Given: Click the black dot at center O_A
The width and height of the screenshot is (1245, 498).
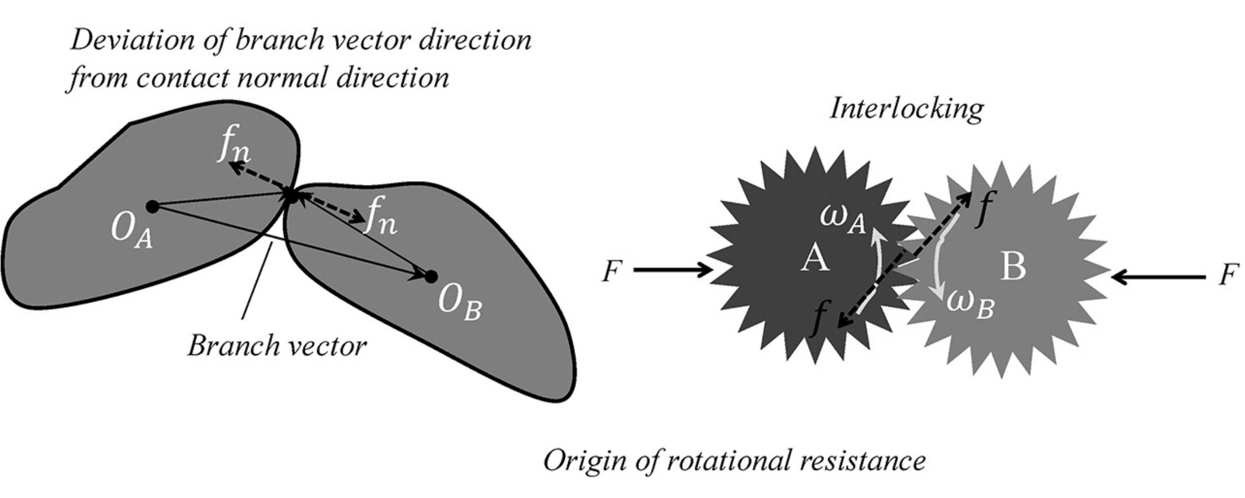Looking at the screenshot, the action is (x=152, y=206).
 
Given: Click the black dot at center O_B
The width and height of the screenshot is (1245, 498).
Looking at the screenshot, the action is (x=431, y=277).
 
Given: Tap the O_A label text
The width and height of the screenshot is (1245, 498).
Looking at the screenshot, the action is (x=133, y=232).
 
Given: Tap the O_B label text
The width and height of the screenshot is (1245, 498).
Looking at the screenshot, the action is (x=460, y=306).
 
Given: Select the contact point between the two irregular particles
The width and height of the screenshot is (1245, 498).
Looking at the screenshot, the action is (x=291, y=195).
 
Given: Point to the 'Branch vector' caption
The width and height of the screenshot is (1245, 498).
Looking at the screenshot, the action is (x=277, y=346).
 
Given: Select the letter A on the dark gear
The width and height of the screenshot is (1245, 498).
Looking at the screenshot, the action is (x=815, y=260).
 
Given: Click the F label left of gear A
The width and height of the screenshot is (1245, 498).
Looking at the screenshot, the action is (x=612, y=273).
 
